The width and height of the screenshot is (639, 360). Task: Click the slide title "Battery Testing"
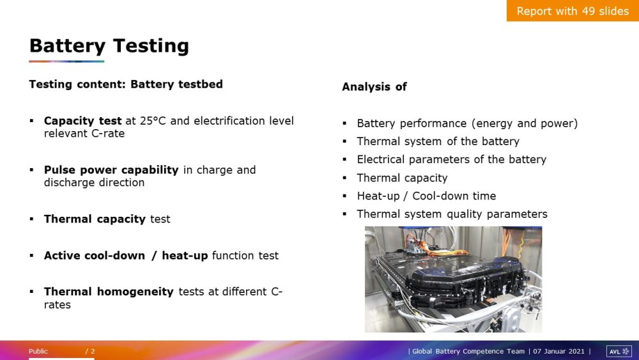(x=109, y=45)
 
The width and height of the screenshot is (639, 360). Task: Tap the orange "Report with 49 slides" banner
(x=573, y=11)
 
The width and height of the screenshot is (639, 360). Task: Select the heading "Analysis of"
(x=374, y=86)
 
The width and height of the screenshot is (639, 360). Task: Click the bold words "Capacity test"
(x=82, y=121)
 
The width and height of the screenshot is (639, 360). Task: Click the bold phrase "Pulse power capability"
(x=111, y=169)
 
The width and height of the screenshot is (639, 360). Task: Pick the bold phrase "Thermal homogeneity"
(x=109, y=292)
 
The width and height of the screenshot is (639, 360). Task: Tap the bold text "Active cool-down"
(x=95, y=255)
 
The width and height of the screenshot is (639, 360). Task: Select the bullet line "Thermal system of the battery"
(x=438, y=141)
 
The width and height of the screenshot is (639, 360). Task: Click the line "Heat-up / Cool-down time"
(x=426, y=196)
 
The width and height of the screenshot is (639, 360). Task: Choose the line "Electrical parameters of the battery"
(x=452, y=159)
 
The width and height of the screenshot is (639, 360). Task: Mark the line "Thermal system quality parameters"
(x=452, y=214)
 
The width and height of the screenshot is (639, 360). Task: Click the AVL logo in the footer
(x=619, y=351)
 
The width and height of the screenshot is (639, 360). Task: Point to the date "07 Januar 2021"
(x=558, y=351)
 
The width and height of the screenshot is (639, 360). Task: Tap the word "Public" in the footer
(x=38, y=351)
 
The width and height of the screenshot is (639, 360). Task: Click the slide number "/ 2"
(x=90, y=351)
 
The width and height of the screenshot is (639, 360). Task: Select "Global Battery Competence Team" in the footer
(x=468, y=351)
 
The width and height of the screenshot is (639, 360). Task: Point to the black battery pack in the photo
(x=449, y=278)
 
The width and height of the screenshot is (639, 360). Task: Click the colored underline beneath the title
(x=66, y=61)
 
